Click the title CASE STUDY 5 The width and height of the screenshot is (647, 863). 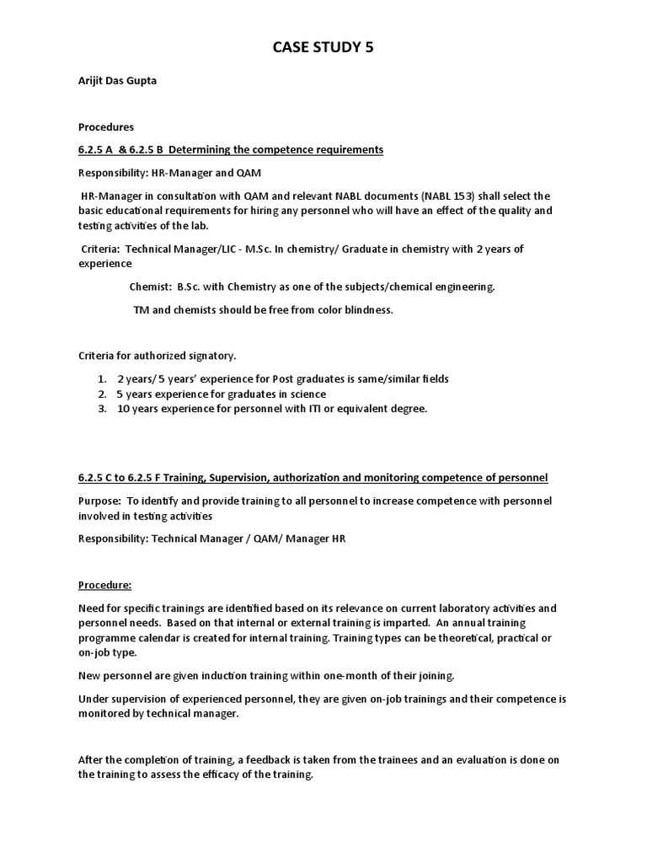click(323, 48)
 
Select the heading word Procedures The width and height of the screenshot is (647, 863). click(106, 127)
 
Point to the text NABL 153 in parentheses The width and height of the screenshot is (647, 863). click(452, 195)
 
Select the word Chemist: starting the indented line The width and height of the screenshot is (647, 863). click(151, 287)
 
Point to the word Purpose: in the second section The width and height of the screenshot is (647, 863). click(100, 501)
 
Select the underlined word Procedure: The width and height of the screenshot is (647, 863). click(105, 585)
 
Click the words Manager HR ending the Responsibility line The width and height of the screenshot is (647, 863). click(317, 539)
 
